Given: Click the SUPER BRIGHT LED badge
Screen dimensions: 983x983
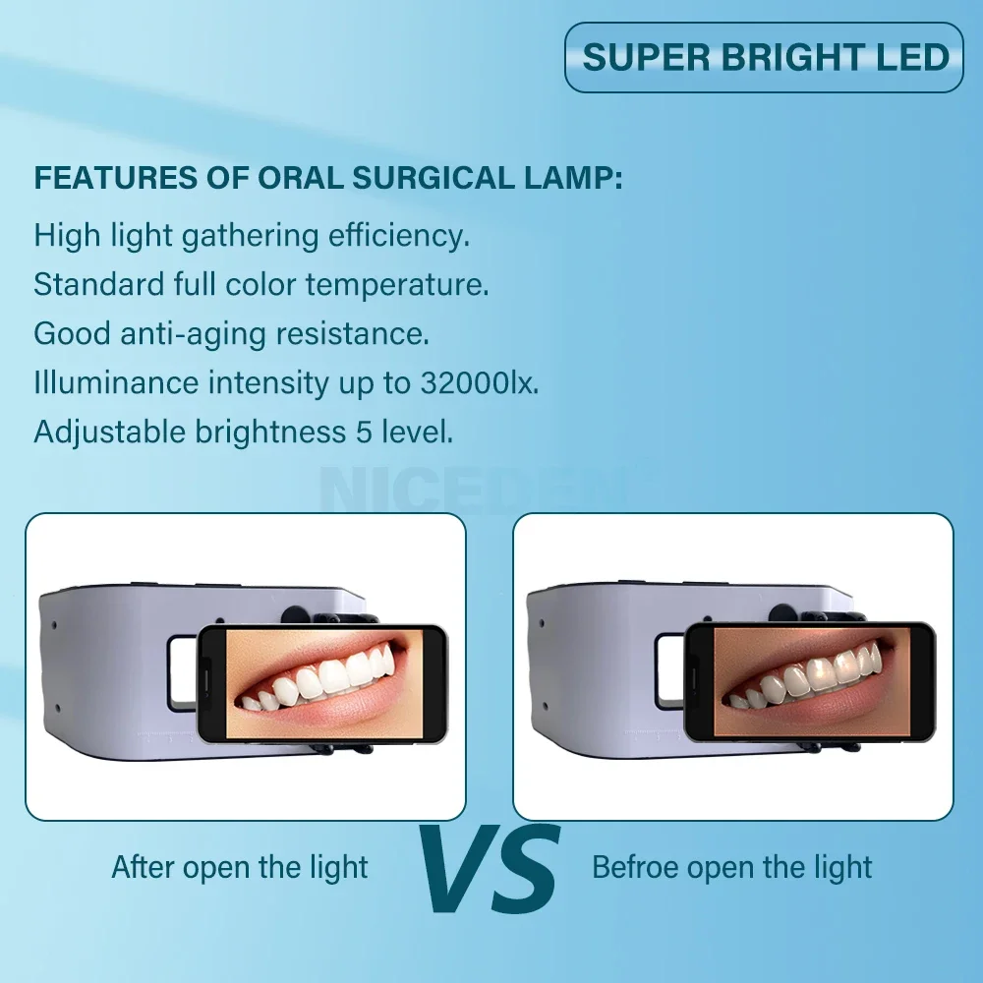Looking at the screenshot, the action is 764,57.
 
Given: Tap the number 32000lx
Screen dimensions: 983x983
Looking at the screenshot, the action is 480,382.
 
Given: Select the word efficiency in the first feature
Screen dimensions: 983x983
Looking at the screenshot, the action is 399,236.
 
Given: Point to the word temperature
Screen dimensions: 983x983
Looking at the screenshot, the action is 397,285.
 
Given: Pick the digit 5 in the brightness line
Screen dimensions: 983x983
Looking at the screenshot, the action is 365,432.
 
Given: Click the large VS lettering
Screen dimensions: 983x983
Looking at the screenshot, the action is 489,868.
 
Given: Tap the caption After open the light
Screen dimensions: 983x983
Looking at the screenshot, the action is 240,868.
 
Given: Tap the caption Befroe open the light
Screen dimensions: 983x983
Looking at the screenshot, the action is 731,868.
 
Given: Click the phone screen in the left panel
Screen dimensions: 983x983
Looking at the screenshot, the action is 324,683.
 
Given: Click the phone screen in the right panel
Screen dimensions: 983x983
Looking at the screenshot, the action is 813,682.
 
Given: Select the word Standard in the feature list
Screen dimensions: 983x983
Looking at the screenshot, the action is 99,285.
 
